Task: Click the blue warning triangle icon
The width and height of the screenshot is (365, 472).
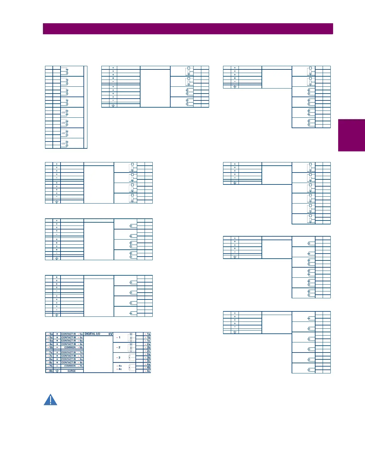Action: click(50, 400)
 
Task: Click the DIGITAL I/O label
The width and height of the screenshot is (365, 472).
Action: click(92, 334)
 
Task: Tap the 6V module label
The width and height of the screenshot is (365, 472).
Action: click(110, 334)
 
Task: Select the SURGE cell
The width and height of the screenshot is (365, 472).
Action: click(72, 371)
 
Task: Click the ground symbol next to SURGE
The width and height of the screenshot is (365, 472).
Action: click(57, 371)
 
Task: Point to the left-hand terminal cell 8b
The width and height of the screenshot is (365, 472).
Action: click(49, 371)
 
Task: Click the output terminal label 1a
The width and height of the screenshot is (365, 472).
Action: click(148, 334)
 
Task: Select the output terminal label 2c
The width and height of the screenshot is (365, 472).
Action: click(148, 351)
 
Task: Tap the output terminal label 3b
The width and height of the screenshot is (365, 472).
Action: click(148, 358)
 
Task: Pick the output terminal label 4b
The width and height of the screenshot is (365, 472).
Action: click(148, 367)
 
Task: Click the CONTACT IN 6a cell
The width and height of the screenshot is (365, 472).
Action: click(72, 341)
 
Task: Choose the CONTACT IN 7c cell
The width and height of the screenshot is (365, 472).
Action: click(72, 356)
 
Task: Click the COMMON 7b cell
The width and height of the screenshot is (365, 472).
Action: click(73, 366)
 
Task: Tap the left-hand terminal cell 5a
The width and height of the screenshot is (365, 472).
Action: click(49, 334)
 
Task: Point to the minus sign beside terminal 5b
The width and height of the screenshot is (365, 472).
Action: click(57, 347)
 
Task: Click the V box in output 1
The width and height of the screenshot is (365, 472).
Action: click(131, 334)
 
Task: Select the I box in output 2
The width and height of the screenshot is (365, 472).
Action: click(131, 348)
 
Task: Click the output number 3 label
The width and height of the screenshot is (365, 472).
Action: click(119, 358)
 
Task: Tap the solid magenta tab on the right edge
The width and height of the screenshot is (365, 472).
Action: click(352, 135)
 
